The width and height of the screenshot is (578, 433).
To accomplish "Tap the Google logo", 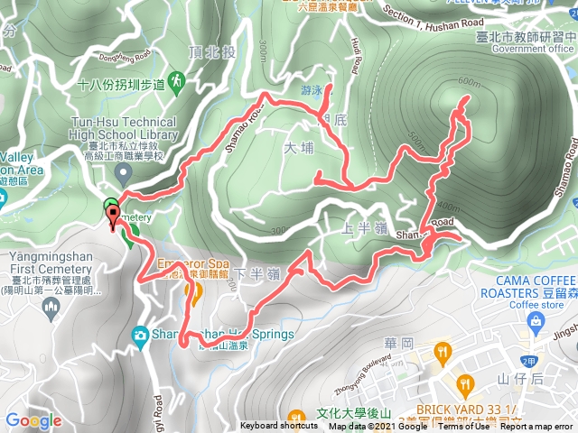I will tap(33, 420).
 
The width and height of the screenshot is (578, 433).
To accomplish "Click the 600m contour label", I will tap(469, 82).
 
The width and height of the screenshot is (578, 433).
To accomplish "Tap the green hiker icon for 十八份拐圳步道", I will tap(176, 82).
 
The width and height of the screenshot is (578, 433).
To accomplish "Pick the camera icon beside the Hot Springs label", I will tap(141, 335).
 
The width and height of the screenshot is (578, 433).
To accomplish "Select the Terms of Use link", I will tap(463, 427).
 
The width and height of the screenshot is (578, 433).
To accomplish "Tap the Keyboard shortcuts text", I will tap(279, 427).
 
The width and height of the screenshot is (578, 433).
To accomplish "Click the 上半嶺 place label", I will tap(360, 226).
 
